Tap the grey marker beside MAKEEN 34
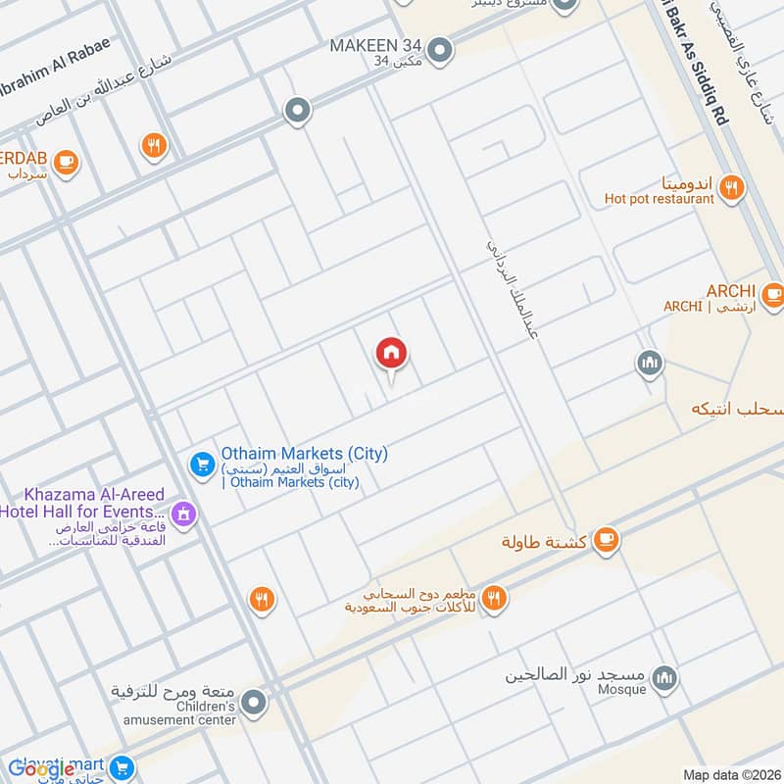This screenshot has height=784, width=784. point(441,48)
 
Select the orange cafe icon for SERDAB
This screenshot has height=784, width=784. point(66,161)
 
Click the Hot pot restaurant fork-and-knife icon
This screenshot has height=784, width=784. point(730,187)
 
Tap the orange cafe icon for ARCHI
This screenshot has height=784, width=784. point(773,292)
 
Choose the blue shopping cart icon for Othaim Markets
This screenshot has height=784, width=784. point(203,463)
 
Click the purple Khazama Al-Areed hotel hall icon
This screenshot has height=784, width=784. point(182,513)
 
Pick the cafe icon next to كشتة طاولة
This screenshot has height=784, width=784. point(607,538)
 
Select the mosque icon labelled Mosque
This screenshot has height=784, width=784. point(665,678)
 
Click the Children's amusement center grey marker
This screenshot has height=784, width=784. point(254,703)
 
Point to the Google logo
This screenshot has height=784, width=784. point(41,769)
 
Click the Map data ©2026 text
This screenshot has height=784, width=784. point(731,774)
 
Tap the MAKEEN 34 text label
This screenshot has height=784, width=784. point(374,45)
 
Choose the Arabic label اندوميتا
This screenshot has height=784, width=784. point(688,182)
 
